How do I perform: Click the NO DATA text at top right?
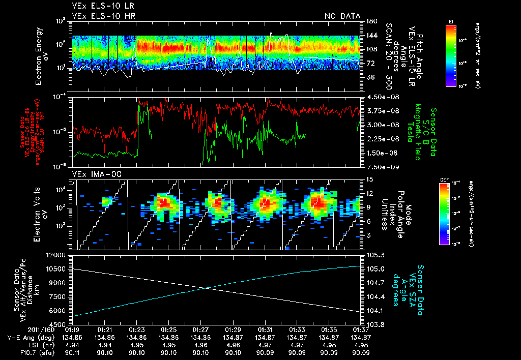pos(343,16)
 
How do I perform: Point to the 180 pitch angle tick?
pos(370,21)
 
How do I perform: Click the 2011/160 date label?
pos(20,329)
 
